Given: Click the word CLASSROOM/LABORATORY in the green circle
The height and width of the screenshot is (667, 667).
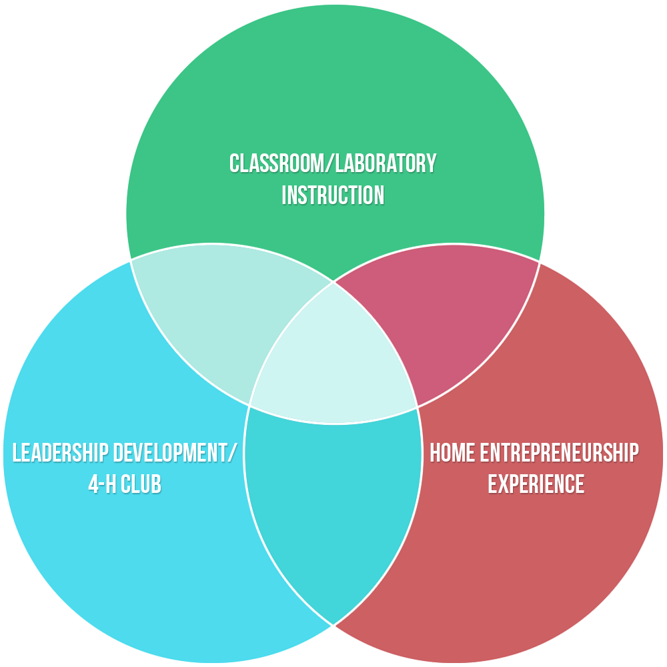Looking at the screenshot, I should coord(333,163).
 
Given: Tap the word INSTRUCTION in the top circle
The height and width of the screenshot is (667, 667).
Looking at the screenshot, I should coord(333,195).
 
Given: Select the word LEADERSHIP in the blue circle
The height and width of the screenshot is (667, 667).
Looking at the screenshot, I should coord(61,453).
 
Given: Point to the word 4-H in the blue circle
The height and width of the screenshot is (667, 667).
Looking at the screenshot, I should coord(103,484).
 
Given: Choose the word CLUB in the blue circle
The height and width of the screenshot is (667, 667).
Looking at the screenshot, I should coord(142,484).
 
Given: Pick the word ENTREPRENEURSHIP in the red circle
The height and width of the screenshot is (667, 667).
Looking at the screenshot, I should coord(560,453).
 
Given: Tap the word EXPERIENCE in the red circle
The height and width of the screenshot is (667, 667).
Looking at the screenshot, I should coord(536,484).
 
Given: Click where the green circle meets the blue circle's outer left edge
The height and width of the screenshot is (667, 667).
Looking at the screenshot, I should coord(131,259).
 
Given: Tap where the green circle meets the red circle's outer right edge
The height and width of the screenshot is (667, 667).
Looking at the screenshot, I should coord(539,261).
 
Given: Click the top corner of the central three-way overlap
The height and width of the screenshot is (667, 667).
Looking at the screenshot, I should coord(333,282).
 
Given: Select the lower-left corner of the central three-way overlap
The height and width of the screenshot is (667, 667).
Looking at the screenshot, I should coord(249,405).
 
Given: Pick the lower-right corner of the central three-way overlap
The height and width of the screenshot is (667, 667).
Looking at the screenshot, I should coord(418,406).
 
